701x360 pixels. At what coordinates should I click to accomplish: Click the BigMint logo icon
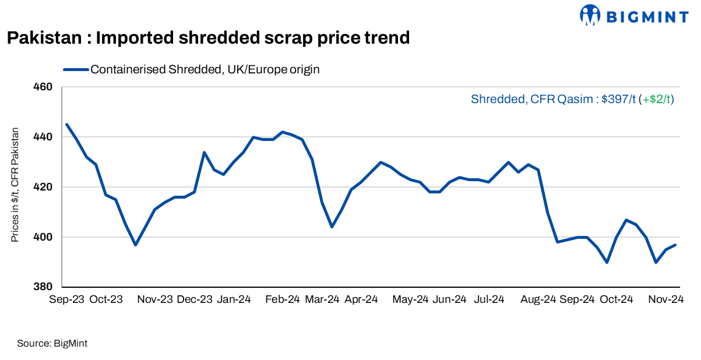(x=590, y=15)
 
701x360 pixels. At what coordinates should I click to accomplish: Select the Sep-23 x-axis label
(x=66, y=299)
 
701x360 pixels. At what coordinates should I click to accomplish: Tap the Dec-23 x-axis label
(x=195, y=299)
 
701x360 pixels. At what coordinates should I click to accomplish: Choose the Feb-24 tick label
(x=282, y=299)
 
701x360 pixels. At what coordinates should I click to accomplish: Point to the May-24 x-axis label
(x=410, y=299)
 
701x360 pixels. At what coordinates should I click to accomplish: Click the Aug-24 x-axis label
(x=538, y=299)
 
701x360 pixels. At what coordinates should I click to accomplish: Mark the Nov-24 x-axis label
(x=665, y=299)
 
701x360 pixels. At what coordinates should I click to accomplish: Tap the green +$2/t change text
(x=656, y=100)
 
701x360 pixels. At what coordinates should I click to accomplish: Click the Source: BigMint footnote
(x=52, y=344)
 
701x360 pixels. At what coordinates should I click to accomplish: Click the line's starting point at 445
(x=67, y=124)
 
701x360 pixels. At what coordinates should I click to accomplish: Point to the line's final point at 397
(x=675, y=245)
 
